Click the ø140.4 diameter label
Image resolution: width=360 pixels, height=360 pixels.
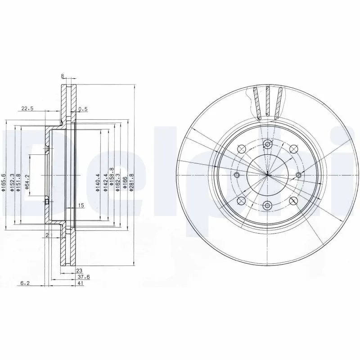(97, 183)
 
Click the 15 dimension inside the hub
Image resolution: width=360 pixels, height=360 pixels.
(81, 206)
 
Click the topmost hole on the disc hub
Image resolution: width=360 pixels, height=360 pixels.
(268, 144)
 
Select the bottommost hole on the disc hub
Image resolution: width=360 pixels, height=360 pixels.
(268, 205)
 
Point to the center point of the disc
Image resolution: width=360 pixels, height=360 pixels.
(268, 175)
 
